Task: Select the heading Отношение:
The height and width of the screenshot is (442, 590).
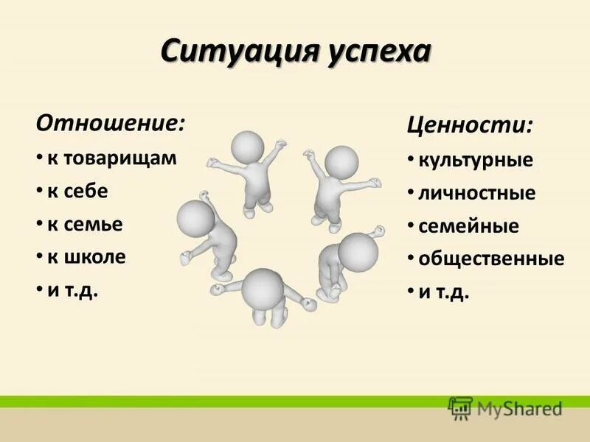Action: [111, 122]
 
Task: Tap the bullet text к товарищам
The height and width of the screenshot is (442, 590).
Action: [112, 158]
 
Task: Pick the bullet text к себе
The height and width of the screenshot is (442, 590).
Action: [78, 192]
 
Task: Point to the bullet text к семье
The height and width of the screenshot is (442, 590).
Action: [85, 224]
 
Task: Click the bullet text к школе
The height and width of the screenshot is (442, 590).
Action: [87, 257]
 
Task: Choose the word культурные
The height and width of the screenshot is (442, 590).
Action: [476, 160]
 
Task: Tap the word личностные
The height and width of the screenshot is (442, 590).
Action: [477, 194]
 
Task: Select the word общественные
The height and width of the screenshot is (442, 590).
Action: [491, 259]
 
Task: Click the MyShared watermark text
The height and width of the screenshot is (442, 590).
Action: [518, 407]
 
